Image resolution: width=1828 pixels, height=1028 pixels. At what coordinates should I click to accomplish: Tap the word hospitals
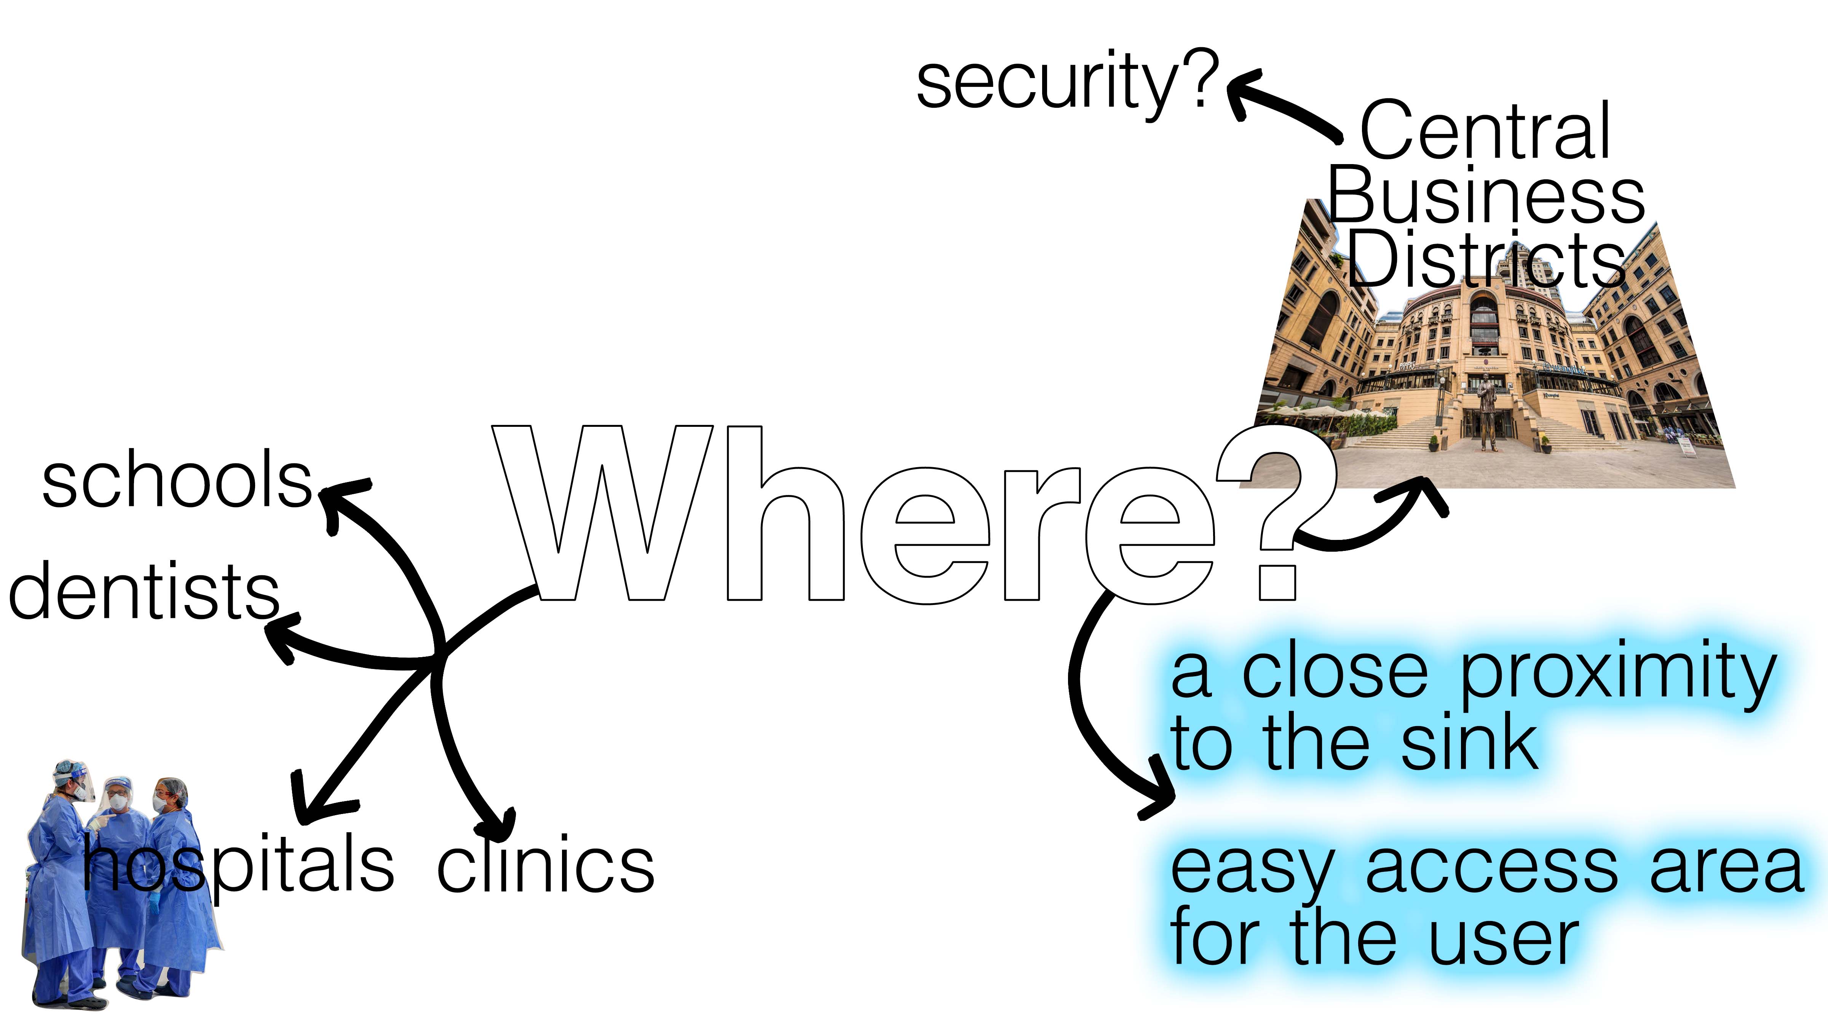coord(238,867)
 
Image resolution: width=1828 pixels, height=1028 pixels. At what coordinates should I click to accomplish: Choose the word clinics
coord(545,867)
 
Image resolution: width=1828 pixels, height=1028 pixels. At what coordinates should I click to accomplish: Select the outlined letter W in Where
coord(603,511)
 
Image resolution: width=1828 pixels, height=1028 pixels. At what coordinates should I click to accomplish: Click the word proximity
coord(1618,674)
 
